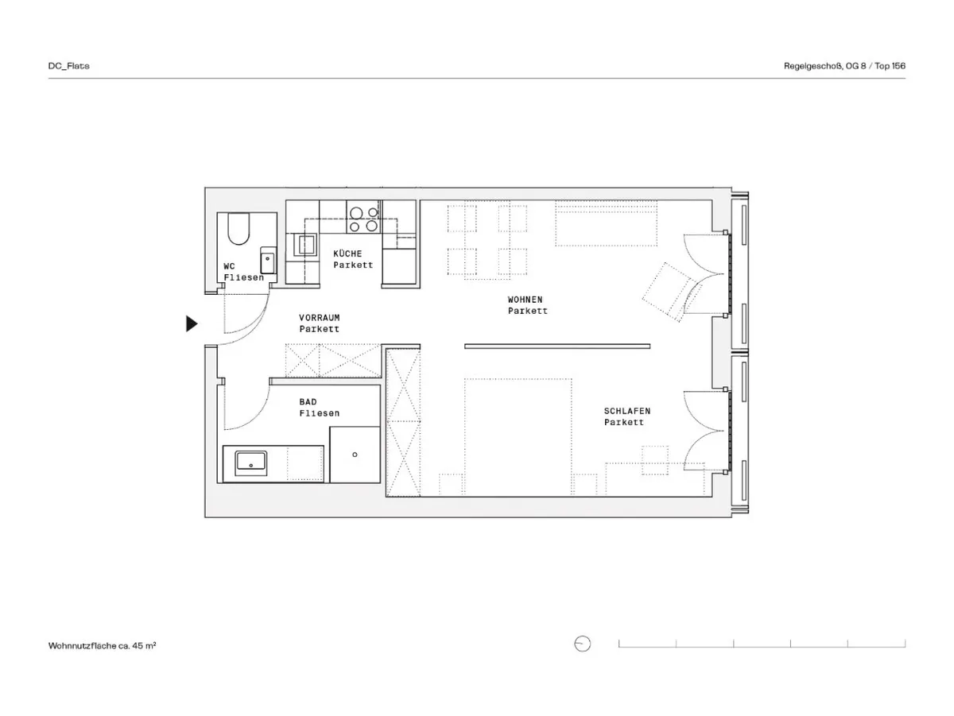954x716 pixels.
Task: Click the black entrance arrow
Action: click(x=191, y=323)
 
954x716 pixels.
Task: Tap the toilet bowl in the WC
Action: click(x=238, y=229)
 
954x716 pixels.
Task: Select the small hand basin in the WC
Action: click(x=267, y=260)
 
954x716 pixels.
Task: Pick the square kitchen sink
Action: click(x=306, y=246)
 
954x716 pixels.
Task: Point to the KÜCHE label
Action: click(x=347, y=254)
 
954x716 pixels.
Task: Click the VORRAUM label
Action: click(x=319, y=318)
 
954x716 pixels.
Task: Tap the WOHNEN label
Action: click(x=525, y=300)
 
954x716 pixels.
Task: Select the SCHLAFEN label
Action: click(x=626, y=411)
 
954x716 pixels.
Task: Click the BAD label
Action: click(x=308, y=402)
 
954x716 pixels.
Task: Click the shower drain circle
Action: click(x=355, y=455)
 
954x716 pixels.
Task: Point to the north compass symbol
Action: click(x=583, y=644)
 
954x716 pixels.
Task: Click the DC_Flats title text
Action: click(x=68, y=66)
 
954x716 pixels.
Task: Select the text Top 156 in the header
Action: click(x=890, y=66)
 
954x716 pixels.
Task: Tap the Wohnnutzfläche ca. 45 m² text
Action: click(x=102, y=645)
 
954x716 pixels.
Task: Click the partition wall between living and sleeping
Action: click(x=557, y=346)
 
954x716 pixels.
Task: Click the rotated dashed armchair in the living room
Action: click(x=669, y=292)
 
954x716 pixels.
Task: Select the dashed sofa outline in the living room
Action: click(x=606, y=223)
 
